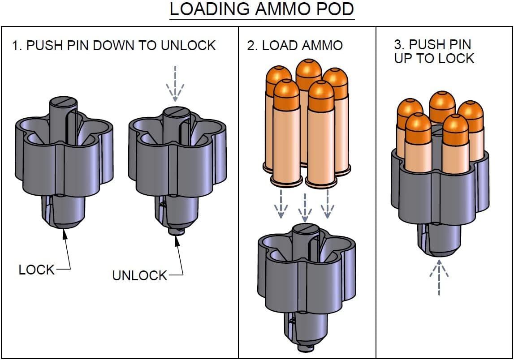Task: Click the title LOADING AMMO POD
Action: click(262, 10)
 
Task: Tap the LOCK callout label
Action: click(37, 270)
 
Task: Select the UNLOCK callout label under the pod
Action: click(139, 275)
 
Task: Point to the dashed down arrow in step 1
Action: click(175, 84)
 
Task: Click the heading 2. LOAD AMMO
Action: click(295, 45)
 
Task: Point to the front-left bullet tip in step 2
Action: click(286, 90)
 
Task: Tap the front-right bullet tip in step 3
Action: click(455, 124)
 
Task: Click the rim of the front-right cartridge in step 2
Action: click(321, 183)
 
